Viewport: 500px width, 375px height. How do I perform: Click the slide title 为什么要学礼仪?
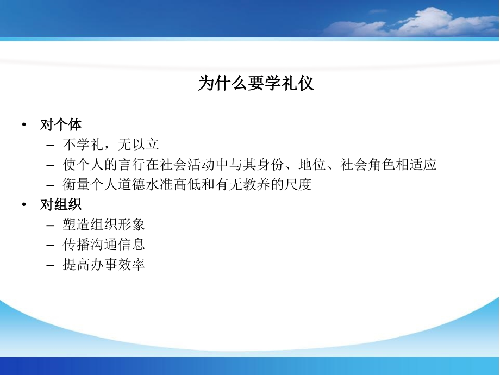click(255, 84)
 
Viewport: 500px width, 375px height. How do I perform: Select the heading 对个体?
click(61, 125)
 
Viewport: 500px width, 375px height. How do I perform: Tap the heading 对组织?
click(61, 205)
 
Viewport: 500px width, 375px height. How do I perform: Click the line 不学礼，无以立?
click(110, 145)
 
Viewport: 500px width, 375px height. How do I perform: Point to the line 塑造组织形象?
click(104, 224)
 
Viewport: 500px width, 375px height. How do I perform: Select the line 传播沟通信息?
click(104, 245)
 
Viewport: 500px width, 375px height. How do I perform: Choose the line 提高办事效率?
click(104, 265)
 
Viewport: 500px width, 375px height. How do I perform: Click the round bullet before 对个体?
click(24, 126)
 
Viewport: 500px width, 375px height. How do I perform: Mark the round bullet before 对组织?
click(24, 205)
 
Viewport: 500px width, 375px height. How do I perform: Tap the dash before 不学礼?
click(51, 145)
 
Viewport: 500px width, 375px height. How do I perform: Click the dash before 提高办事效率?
click(51, 265)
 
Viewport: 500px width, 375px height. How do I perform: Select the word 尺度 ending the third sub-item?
click(298, 185)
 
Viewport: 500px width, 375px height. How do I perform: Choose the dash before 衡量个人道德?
click(51, 185)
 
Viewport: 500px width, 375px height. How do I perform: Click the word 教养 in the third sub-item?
click(257, 185)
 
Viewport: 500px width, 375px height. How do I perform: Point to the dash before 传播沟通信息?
click(51, 245)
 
